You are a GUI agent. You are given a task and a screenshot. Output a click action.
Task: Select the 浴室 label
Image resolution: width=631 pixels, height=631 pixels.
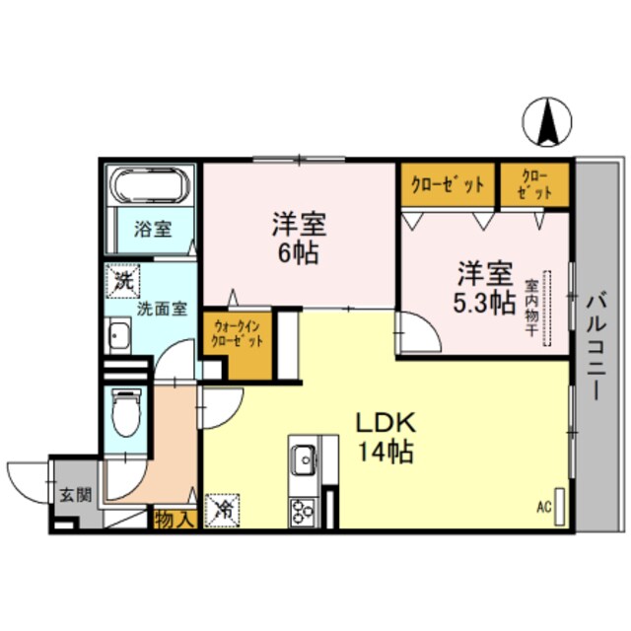pos(152,229)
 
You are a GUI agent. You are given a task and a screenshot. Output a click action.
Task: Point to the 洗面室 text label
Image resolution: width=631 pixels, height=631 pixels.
pos(160,308)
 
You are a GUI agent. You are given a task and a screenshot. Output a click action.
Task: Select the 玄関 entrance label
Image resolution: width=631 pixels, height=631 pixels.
pos(74,495)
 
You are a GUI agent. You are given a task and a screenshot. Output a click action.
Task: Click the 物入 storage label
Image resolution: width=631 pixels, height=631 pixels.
pos(175,519)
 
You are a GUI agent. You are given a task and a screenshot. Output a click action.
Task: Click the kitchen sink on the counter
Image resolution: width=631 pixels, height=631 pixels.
pos(303,458)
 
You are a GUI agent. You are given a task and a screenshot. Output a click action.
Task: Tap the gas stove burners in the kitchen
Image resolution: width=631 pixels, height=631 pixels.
pos(301,511)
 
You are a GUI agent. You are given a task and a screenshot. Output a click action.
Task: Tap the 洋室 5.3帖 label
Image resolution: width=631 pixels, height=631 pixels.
pos(483,287)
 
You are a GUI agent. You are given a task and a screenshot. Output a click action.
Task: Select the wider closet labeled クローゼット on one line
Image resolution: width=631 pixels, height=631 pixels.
pos(447,184)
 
